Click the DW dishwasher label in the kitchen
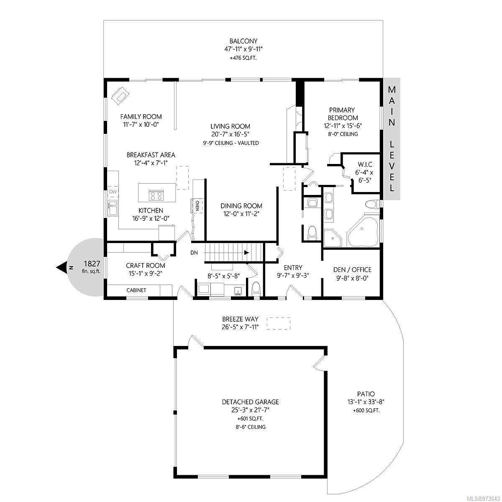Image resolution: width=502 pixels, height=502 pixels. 113,192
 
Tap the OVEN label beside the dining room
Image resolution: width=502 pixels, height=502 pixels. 197,206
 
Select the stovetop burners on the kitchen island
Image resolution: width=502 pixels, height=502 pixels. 156,195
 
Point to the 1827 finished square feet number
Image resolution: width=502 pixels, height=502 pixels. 92,264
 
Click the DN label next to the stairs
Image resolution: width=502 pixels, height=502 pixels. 194,253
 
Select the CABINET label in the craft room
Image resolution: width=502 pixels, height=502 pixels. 136,290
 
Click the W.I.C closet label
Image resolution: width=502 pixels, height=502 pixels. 365,165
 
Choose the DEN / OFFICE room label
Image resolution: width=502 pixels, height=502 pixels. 352,270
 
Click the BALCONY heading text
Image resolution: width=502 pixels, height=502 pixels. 243,41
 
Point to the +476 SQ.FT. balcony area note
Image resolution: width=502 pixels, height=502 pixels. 243,58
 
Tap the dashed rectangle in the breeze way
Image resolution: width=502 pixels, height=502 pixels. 278,323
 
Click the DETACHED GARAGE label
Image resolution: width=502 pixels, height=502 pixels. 250,402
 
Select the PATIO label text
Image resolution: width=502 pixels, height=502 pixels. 366,394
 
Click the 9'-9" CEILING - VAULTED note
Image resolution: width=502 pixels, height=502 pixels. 231,143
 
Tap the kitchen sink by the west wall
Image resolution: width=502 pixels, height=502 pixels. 113,208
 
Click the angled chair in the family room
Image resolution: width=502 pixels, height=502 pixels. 120,96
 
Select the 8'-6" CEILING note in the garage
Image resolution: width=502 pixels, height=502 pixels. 250,427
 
